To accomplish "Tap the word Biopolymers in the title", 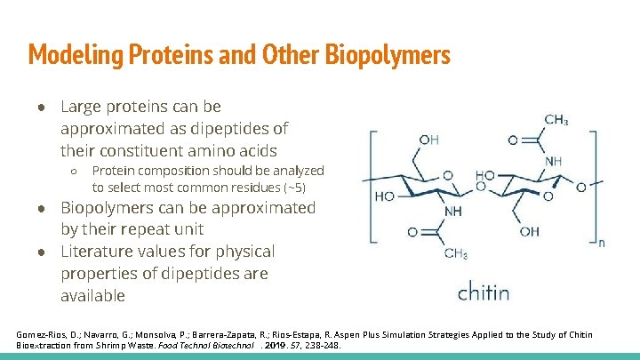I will (x=388, y=55).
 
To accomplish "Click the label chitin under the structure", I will (x=484, y=291).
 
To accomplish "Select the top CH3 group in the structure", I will (x=557, y=120).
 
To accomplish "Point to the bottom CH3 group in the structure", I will (x=456, y=254).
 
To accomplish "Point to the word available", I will (x=92, y=295).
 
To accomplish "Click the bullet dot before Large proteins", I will (x=41, y=107).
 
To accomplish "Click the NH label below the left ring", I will (x=453, y=212).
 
